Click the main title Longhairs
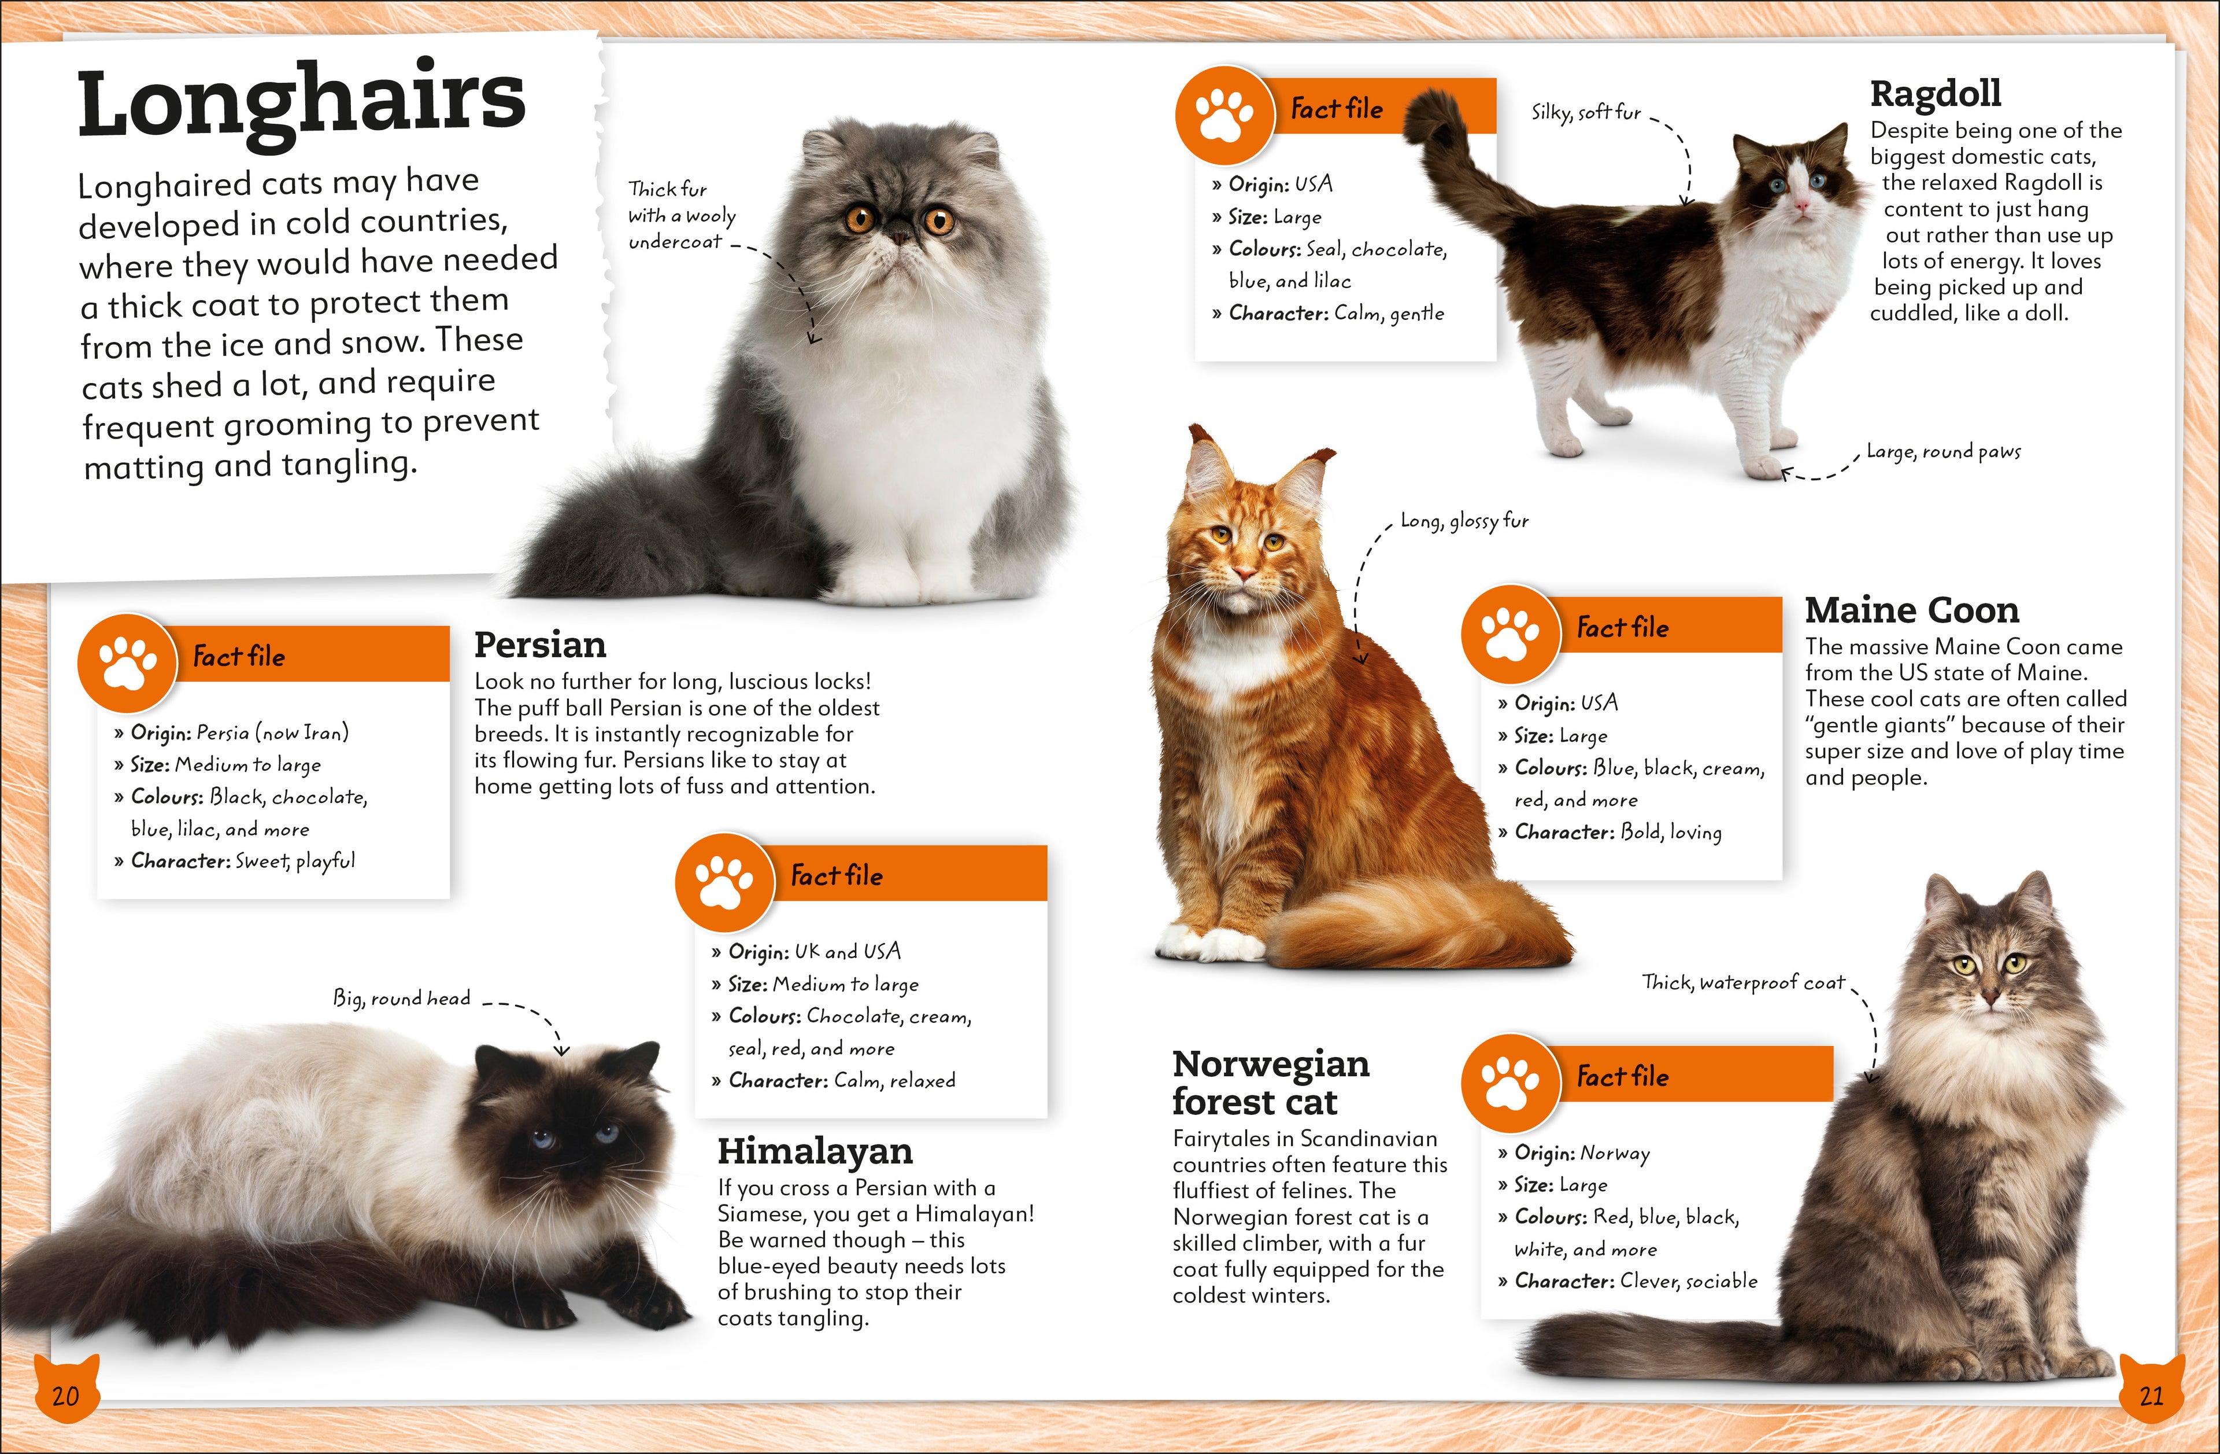301,105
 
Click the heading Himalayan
815,1151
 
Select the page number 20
65,1396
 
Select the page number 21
2151,1396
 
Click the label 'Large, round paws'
1943,452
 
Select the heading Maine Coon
1911,610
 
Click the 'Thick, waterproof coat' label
1742,982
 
